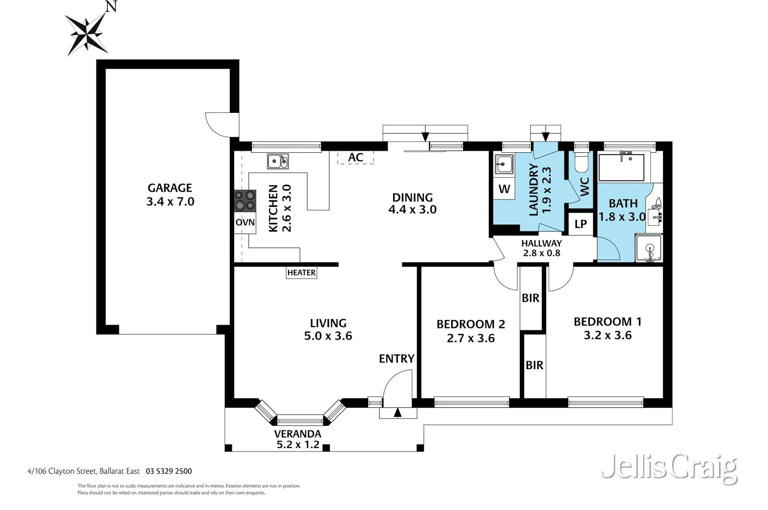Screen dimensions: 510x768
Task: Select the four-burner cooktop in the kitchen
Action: (245, 201)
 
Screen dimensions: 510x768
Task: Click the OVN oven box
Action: (245, 223)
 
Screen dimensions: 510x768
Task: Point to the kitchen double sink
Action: (278, 161)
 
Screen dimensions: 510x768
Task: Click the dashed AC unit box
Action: (355, 158)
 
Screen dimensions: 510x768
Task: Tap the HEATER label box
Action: (301, 273)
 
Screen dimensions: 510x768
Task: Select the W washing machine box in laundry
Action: (504, 189)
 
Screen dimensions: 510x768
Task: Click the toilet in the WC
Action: (581, 162)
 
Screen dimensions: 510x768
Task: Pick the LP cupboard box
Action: (581, 224)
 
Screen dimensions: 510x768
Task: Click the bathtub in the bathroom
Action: (624, 166)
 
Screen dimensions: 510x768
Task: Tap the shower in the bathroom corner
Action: (649, 248)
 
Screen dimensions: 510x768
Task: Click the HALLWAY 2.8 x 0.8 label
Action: (541, 248)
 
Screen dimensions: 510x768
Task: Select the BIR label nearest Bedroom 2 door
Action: (530, 298)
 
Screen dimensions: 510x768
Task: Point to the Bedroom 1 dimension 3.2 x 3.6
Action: (607, 335)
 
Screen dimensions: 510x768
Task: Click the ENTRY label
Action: (396, 359)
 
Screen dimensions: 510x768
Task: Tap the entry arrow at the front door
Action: (397, 412)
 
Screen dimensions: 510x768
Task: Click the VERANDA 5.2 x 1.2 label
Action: (298, 439)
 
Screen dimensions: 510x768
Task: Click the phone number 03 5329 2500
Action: (168, 471)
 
